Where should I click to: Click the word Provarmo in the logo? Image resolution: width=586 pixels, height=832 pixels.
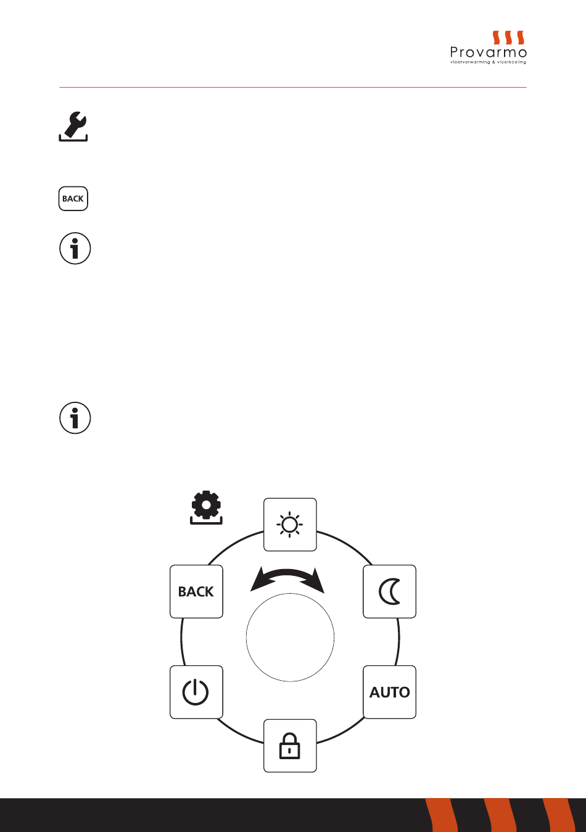pyautogui.click(x=488, y=52)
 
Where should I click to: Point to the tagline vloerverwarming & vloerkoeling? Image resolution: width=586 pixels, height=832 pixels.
pyautogui.click(x=488, y=62)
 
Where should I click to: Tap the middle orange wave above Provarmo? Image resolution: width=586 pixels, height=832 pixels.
pyautogui.click(x=508, y=38)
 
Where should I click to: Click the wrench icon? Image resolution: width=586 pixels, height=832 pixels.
pyautogui.click(x=73, y=127)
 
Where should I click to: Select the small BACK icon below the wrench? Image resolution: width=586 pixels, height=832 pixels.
pyautogui.click(x=73, y=199)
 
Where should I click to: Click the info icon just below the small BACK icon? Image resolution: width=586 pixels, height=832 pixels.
pyautogui.click(x=75, y=249)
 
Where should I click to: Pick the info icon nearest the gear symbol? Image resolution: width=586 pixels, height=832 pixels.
pyautogui.click(x=75, y=418)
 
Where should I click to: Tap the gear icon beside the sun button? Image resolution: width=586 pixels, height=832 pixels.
pyautogui.click(x=206, y=507)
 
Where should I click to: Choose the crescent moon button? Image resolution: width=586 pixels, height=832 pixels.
pyautogui.click(x=389, y=591)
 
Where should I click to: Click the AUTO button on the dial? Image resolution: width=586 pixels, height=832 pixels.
pyautogui.click(x=389, y=692)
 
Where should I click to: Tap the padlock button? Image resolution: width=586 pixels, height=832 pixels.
pyautogui.click(x=290, y=746)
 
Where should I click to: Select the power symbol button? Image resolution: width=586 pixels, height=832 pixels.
pyautogui.click(x=196, y=692)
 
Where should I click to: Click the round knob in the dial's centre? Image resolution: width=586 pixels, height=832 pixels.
pyautogui.click(x=290, y=638)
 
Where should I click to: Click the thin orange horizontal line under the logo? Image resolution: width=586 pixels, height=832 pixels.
pyautogui.click(x=293, y=87)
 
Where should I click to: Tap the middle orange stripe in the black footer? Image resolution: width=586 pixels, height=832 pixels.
pyautogui.click(x=500, y=815)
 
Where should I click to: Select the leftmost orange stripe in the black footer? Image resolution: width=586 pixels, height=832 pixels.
pyautogui.click(x=442, y=815)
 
